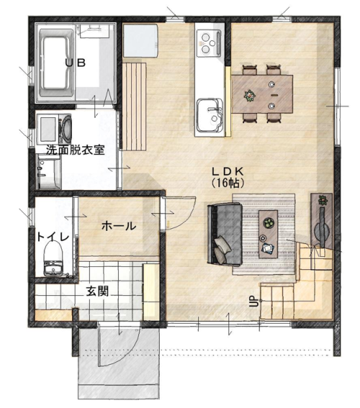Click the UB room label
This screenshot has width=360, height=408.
pos(75,63)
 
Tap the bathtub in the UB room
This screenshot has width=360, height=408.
pos(56,63)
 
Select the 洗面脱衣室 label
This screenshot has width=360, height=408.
pos(75,150)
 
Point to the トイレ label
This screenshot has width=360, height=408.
pos(53,237)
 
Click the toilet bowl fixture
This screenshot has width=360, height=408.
pos(53,258)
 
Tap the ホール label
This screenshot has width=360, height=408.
pos(119,226)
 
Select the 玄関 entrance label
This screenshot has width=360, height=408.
pos(98,291)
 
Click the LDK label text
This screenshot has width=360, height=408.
pos(228,171)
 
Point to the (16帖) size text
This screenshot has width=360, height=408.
pos(228,183)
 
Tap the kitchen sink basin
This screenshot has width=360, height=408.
pos(210,115)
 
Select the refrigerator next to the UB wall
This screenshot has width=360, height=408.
pos(140,40)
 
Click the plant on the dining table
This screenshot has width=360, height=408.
pos(250,96)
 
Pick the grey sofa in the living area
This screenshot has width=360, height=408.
pos(225,235)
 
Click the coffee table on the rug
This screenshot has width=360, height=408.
pos(268,234)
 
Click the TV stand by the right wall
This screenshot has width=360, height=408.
pos(321,221)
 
